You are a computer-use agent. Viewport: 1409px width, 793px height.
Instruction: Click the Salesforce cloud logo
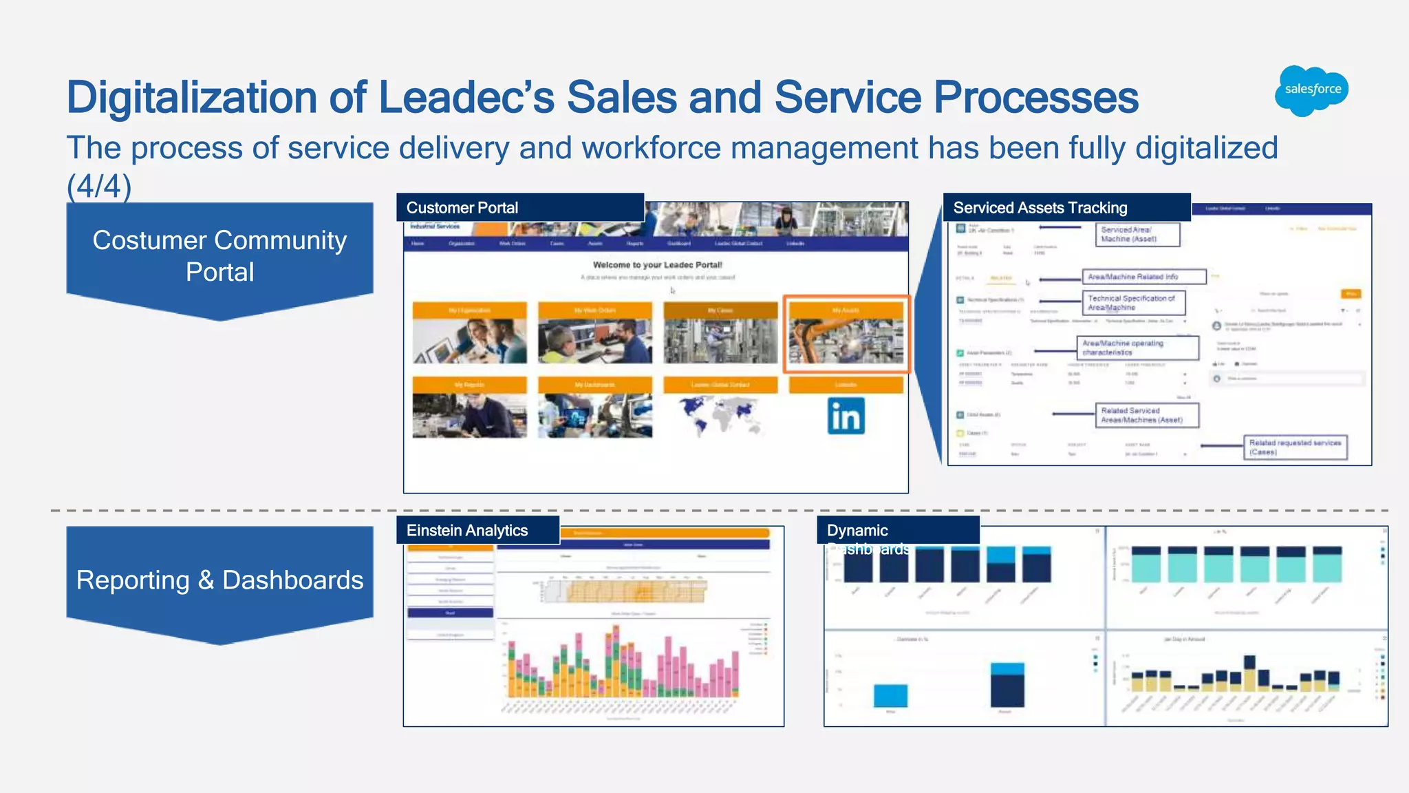1312,90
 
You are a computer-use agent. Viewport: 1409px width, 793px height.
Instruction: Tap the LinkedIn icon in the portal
846,416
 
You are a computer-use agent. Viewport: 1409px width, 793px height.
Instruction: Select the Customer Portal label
462,208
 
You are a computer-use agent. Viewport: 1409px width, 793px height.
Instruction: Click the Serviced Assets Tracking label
1040,208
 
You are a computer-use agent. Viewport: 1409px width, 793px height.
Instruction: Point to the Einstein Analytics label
466,531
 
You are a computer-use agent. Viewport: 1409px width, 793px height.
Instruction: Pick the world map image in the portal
720,416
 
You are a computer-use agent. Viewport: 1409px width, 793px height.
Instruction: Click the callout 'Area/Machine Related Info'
1143,277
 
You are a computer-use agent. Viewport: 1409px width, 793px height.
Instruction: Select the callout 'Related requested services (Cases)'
1294,447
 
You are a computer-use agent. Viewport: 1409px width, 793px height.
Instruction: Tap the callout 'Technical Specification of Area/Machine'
1133,303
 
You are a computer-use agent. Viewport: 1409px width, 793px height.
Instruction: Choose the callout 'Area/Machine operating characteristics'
1137,348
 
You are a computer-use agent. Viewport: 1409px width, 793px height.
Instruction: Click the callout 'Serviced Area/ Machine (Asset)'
1137,234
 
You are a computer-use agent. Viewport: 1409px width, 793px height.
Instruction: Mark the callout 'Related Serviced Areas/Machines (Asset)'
1146,415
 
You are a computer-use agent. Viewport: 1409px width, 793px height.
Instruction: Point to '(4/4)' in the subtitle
98,187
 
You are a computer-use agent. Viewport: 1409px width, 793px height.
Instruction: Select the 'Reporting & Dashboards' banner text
219,580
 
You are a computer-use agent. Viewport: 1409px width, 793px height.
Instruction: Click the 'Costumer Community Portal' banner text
219,255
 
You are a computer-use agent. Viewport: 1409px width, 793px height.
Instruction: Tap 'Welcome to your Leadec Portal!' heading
657,265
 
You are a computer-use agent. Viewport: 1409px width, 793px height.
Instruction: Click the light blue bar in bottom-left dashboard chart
890,695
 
